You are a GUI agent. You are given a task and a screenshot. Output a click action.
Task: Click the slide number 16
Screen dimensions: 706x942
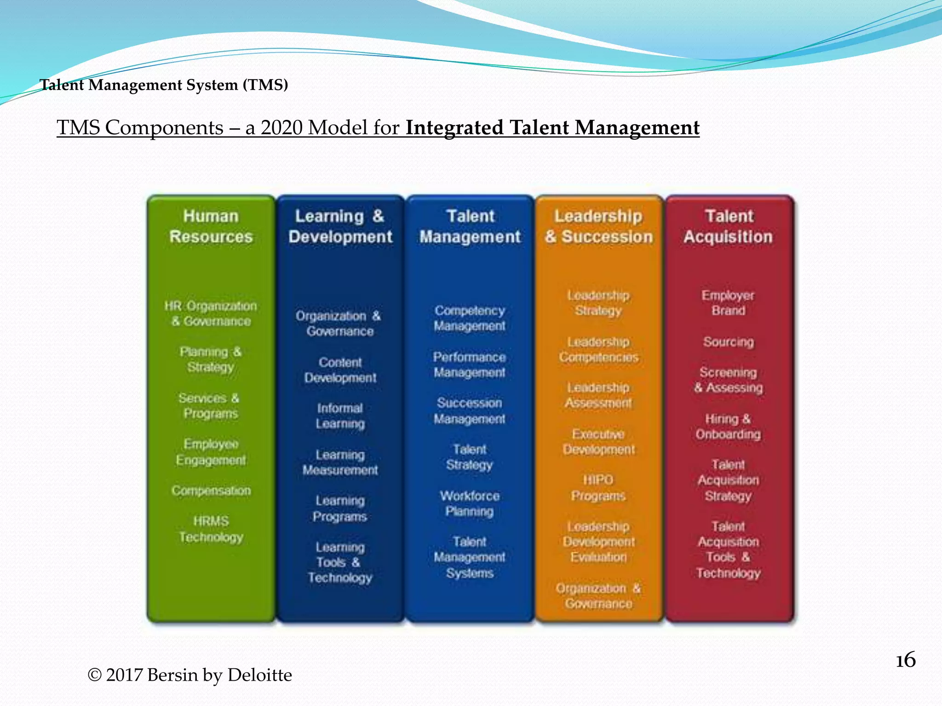[905, 660]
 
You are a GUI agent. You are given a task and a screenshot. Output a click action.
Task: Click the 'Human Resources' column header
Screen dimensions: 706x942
[211, 226]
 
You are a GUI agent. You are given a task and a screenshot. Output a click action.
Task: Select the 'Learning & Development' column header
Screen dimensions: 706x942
[340, 226]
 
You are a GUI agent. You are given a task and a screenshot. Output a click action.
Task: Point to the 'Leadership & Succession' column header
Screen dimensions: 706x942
[598, 226]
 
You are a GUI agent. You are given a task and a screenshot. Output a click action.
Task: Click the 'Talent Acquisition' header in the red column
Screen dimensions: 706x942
[728, 226]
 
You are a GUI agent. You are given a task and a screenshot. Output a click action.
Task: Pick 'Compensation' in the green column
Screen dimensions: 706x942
[211, 490]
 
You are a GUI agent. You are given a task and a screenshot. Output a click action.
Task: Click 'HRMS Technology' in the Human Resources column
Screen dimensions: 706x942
[211, 529]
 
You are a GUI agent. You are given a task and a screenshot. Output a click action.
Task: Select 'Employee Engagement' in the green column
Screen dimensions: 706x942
[211, 452]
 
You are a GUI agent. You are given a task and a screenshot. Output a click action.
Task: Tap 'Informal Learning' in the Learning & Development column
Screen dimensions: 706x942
[340, 416]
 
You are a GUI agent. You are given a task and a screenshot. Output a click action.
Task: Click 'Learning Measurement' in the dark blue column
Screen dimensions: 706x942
[340, 462]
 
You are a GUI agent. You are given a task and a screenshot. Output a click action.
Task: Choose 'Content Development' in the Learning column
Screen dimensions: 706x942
[340, 370]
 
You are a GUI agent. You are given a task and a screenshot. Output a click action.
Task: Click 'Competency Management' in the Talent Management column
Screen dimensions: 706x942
[470, 318]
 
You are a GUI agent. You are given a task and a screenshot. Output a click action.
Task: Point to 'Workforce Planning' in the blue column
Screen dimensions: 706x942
[470, 503]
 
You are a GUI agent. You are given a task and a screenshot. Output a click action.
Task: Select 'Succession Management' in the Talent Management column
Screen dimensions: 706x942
[470, 410]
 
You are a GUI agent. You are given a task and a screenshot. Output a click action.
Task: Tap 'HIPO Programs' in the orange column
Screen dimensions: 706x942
[598, 488]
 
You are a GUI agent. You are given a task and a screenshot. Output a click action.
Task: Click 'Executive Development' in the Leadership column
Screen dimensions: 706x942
[598, 441]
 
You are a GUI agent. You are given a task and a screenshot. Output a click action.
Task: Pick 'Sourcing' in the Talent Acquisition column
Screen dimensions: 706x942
[728, 342]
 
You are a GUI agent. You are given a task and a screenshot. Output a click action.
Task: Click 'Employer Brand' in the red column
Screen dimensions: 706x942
[728, 302]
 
